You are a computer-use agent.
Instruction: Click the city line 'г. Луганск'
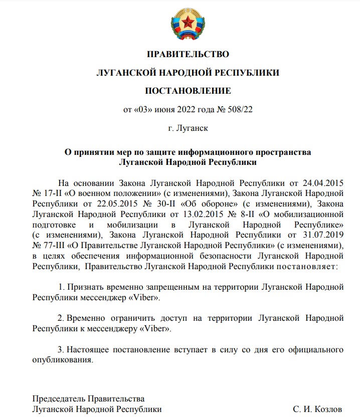[188, 128]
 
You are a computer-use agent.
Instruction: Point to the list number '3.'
[62, 349]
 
